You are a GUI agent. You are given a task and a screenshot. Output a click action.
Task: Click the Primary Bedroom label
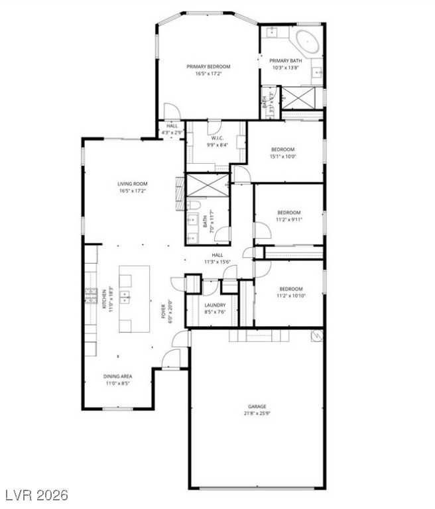(208, 66)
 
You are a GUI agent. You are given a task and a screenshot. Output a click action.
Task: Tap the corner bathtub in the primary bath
(306, 41)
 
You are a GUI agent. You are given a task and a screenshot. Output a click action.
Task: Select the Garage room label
(257, 406)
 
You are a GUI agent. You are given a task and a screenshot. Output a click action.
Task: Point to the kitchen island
(134, 299)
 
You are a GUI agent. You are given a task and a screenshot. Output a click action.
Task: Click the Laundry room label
(214, 305)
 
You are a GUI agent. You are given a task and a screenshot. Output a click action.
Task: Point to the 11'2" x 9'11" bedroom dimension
(288, 220)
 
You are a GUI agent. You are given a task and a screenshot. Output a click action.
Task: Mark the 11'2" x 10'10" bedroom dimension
(290, 296)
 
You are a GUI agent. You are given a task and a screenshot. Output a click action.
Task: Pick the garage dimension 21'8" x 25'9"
(257, 414)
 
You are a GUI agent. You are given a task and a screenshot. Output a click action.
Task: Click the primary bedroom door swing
(171, 110)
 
